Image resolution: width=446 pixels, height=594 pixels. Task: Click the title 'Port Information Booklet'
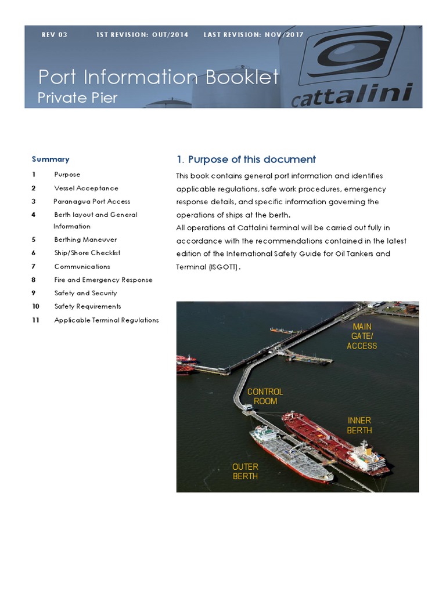(158, 77)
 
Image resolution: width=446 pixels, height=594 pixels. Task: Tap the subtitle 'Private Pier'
(77, 97)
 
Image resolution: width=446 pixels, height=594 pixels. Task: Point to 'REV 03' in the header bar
(55, 35)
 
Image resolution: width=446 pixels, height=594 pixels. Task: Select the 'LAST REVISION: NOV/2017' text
(253, 35)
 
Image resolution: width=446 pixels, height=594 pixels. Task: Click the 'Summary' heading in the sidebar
(51, 159)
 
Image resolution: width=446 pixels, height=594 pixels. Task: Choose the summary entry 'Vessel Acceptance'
(86, 188)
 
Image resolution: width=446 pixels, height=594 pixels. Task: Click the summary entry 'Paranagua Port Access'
(92, 201)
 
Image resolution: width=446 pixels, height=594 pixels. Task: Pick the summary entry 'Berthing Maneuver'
(85, 240)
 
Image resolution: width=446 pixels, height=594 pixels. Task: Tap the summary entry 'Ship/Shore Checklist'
(87, 253)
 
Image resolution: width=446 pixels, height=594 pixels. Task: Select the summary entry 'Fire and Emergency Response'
(103, 280)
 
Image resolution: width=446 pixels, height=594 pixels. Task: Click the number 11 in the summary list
(35, 320)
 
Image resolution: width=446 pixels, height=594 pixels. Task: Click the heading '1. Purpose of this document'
(246, 160)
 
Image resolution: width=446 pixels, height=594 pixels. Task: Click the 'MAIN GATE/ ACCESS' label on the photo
(362, 336)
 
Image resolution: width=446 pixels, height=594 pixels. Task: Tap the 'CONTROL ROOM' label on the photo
(265, 396)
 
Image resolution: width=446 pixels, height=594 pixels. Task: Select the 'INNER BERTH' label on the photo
(359, 425)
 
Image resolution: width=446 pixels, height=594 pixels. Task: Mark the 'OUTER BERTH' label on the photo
(245, 471)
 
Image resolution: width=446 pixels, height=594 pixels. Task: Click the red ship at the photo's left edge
(185, 364)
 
